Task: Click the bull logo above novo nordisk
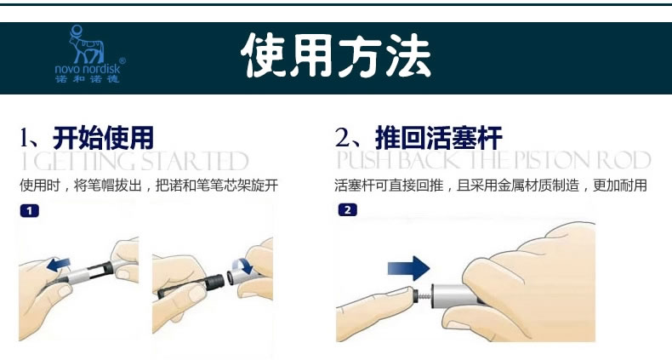pos(87,44)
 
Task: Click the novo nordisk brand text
pos(88,69)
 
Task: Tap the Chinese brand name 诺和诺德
pos(87,79)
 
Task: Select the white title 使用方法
pos(336,55)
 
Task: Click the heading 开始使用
pos(103,138)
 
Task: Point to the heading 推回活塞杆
pos(438,138)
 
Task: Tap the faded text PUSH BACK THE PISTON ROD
pos(493,160)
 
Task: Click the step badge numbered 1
pos(29,211)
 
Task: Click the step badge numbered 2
pos(347,210)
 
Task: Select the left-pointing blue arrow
pos(60,265)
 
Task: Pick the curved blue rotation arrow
pos(244,266)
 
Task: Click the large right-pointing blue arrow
pos(408,269)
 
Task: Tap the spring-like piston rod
pos(424,295)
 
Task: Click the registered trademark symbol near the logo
pos(122,61)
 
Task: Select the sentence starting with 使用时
pos(149,186)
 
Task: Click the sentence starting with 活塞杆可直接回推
pos(491,186)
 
